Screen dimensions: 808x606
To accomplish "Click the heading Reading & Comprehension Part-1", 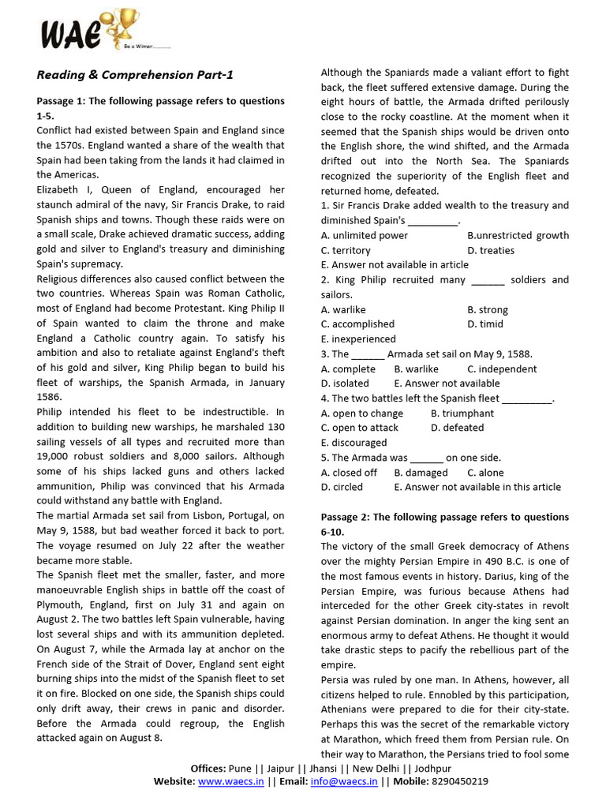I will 135,75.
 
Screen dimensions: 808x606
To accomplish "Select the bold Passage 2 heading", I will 444,524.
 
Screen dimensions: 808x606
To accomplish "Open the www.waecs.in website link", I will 230,781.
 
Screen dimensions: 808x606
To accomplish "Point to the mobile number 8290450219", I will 458,781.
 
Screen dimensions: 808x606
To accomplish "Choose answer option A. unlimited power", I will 365,235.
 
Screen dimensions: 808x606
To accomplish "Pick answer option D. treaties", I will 491,250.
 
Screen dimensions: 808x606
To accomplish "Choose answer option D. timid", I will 485,324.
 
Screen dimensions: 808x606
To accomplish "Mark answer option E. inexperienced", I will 358,339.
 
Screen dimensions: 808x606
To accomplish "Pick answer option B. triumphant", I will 462,413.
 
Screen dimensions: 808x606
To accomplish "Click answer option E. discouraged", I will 353,443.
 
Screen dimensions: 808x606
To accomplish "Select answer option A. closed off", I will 349,473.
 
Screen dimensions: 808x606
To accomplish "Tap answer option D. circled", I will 342,487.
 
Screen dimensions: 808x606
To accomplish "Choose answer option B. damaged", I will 421,473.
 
